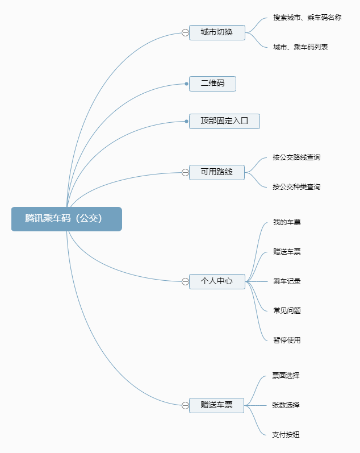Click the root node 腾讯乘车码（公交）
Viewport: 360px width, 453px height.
pyautogui.click(x=66, y=219)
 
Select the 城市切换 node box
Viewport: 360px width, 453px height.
pyautogui.click(x=217, y=32)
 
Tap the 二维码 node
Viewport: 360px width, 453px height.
pyautogui.click(x=212, y=84)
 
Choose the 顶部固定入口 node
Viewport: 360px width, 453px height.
pyautogui.click(x=224, y=120)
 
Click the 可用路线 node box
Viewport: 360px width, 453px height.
pyautogui.click(x=217, y=172)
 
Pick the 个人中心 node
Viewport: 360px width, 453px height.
pyautogui.click(x=217, y=281)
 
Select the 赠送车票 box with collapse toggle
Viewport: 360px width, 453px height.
pyautogui.click(x=217, y=405)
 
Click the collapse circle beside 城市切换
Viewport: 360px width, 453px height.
pyautogui.click(x=185, y=33)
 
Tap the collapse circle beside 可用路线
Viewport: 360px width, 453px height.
pyautogui.click(x=185, y=172)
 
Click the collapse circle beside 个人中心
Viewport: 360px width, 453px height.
pyautogui.click(x=185, y=281)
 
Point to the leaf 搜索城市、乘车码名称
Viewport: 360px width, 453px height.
pyautogui.click(x=307, y=18)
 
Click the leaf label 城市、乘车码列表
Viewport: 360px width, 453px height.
pyautogui.click(x=300, y=47)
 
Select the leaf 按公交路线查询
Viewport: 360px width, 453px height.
pyautogui.click(x=296, y=157)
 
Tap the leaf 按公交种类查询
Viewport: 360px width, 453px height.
pyautogui.click(x=296, y=187)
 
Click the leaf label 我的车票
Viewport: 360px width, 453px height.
pyautogui.click(x=287, y=222)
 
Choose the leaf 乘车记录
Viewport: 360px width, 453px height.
pyautogui.click(x=287, y=281)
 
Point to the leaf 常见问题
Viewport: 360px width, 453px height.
pyautogui.click(x=287, y=311)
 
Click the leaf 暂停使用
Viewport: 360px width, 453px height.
pyautogui.click(x=287, y=340)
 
